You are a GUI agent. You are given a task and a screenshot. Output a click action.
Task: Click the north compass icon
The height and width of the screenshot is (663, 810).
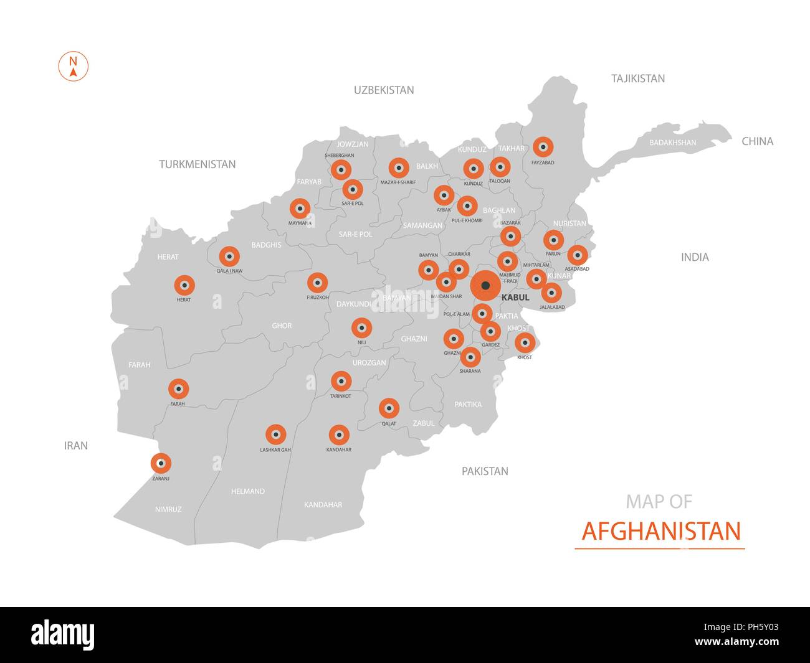tap(74, 67)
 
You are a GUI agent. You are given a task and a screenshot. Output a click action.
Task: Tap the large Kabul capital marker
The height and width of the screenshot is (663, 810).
tap(485, 286)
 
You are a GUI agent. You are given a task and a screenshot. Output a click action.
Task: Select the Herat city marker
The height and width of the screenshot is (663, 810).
tap(184, 285)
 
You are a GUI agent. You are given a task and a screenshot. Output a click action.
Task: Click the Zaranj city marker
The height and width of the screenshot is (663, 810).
tap(161, 463)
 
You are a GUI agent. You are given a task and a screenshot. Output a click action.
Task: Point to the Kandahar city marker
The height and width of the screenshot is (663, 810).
tap(339, 435)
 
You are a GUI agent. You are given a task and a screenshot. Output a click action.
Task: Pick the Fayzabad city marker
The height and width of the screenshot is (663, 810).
tap(543, 147)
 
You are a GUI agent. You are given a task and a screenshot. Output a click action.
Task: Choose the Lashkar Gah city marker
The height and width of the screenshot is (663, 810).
tap(275, 435)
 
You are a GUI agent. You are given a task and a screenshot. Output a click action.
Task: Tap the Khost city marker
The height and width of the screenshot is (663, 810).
tap(525, 342)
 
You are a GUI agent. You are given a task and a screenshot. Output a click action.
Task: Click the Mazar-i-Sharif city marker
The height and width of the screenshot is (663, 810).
tap(398, 167)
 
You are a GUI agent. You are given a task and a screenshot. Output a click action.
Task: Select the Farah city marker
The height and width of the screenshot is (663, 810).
tap(179, 389)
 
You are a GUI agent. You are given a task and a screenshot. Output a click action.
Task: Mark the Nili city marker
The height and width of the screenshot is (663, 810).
tap(361, 327)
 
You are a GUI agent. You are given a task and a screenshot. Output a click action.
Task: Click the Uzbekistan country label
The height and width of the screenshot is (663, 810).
tap(384, 90)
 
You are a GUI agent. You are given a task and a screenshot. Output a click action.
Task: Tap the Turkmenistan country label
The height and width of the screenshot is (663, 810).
tap(197, 164)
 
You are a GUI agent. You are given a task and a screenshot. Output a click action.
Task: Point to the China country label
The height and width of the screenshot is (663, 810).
tap(757, 141)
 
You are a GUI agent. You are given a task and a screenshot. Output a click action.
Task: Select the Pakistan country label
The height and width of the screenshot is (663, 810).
tap(485, 471)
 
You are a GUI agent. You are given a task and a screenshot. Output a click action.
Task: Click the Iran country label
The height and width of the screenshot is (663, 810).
tap(76, 446)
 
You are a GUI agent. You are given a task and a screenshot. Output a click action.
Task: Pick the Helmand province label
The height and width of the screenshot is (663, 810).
tap(248, 491)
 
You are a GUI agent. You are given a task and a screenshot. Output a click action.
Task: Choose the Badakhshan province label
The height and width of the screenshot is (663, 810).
tap(673, 143)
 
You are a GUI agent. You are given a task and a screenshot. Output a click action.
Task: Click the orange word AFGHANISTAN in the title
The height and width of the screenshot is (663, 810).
tap(661, 531)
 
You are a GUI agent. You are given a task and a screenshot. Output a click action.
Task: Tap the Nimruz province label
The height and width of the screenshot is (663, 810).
tap(168, 509)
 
